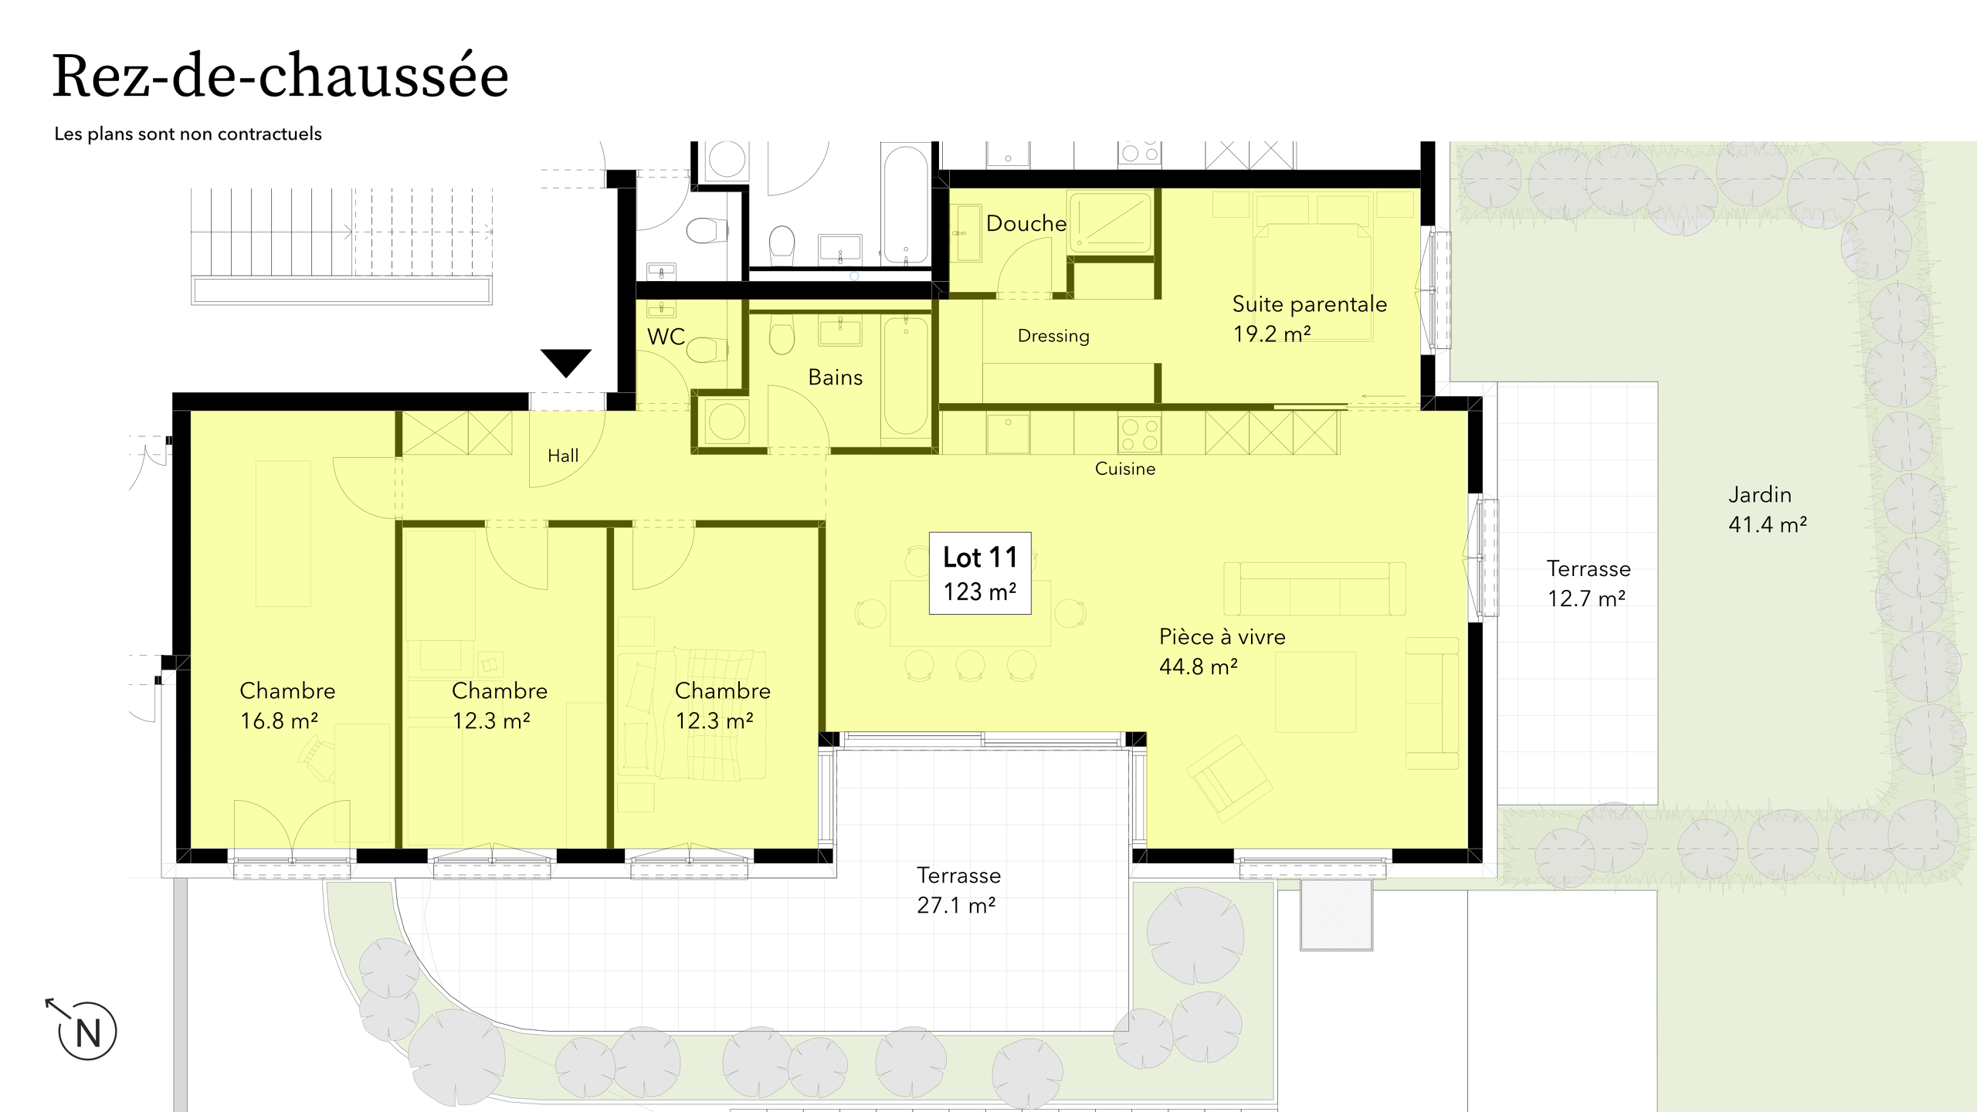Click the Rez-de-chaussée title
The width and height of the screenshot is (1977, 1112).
(x=280, y=77)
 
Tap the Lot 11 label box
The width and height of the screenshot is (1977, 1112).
(x=980, y=573)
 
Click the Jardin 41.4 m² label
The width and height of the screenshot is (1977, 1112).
(x=1768, y=510)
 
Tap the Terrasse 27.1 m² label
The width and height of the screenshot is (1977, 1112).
(x=958, y=890)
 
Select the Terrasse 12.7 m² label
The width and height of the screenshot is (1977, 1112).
(x=1589, y=583)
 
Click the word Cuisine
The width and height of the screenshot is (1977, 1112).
(x=1125, y=469)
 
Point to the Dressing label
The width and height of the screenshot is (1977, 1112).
(x=1053, y=336)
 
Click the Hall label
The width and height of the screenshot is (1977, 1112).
(x=563, y=456)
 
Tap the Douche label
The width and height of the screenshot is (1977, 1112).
(x=1026, y=223)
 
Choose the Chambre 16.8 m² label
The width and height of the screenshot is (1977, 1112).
(x=287, y=705)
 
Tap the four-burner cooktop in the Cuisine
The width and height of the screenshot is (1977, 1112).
(x=1139, y=433)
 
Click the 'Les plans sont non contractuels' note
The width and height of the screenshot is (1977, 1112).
(x=188, y=134)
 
